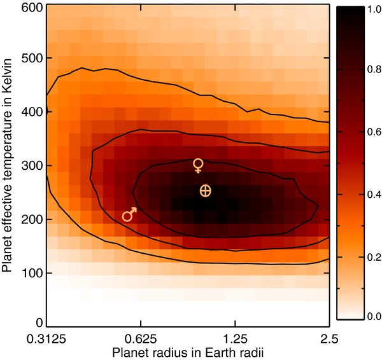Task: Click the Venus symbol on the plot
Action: tap(199, 165)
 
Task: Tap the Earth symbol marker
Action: tap(205, 190)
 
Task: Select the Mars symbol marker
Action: tap(129, 214)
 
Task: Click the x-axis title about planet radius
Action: tap(188, 352)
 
